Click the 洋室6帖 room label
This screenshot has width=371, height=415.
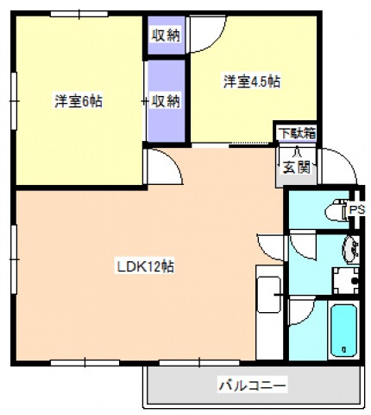point(79,101)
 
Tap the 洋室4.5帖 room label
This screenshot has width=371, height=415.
point(252,82)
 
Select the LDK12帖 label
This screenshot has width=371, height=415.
point(146,266)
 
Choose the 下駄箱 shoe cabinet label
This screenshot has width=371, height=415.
point(295,133)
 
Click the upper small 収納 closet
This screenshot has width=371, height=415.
point(167,35)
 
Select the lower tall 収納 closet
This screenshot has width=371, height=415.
point(166,100)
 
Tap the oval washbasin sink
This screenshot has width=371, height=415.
point(351,250)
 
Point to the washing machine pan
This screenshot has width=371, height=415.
point(346,281)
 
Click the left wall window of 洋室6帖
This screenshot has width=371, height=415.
point(15,100)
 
